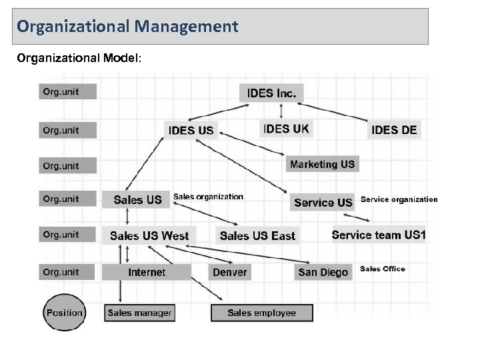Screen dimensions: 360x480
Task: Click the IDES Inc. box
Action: coord(271,93)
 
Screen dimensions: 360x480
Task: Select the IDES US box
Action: coord(192,130)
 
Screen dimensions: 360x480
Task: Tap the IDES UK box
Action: coord(287,129)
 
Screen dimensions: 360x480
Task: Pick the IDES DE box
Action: coord(395,129)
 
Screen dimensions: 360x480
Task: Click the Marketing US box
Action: coord(323,164)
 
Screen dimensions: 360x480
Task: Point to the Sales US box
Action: coord(137,199)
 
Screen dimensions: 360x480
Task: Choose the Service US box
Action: coord(323,202)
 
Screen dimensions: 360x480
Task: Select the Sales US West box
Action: coord(149,235)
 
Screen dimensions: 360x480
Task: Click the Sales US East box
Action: coord(257,235)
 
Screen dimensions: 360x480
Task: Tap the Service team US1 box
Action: coord(379,235)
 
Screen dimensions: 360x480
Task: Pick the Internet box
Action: coord(147,272)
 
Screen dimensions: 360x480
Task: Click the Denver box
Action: coord(230,272)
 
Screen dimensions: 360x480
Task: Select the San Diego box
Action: coord(323,272)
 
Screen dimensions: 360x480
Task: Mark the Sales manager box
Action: coord(139,313)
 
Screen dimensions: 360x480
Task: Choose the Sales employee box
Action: coord(261,313)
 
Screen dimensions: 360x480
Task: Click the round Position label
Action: coord(65,313)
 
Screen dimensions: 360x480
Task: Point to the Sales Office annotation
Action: coord(383,269)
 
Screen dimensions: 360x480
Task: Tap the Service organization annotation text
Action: coord(399,199)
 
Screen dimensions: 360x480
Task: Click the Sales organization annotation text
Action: coord(209,197)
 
